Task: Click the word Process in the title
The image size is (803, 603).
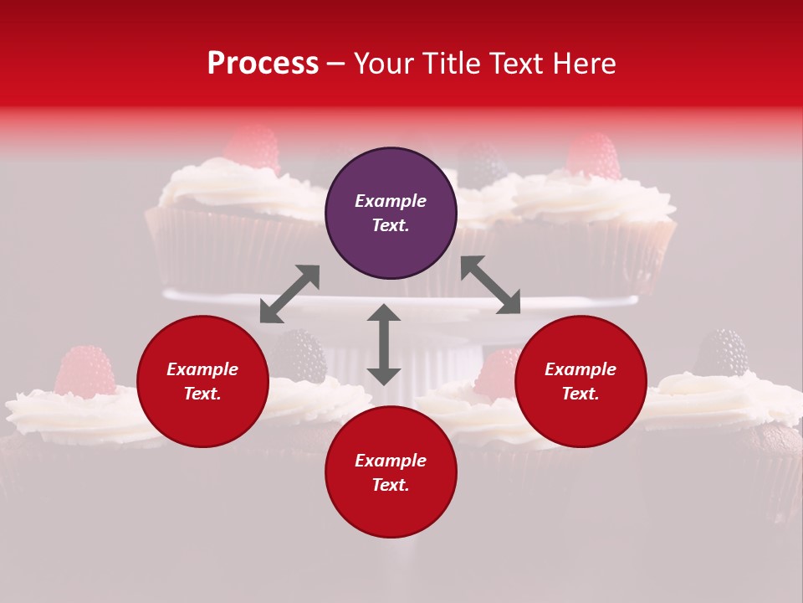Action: [x=263, y=64]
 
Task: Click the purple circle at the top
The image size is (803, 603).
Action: [x=391, y=214]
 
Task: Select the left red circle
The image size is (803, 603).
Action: [x=202, y=382]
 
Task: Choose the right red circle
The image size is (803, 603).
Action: [x=581, y=382]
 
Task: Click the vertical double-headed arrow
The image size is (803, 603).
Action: [x=384, y=344]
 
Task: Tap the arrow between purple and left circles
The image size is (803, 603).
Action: [x=289, y=294]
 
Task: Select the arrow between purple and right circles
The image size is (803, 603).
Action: [x=490, y=285]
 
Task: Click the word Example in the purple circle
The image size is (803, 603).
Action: [x=391, y=201]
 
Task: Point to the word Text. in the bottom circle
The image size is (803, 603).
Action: [x=391, y=486]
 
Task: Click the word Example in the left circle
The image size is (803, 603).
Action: [x=202, y=369]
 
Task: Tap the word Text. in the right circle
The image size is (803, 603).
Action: [x=581, y=394]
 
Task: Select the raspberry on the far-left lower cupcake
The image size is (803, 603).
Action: [x=85, y=370]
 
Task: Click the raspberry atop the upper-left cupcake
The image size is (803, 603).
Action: [x=253, y=148]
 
